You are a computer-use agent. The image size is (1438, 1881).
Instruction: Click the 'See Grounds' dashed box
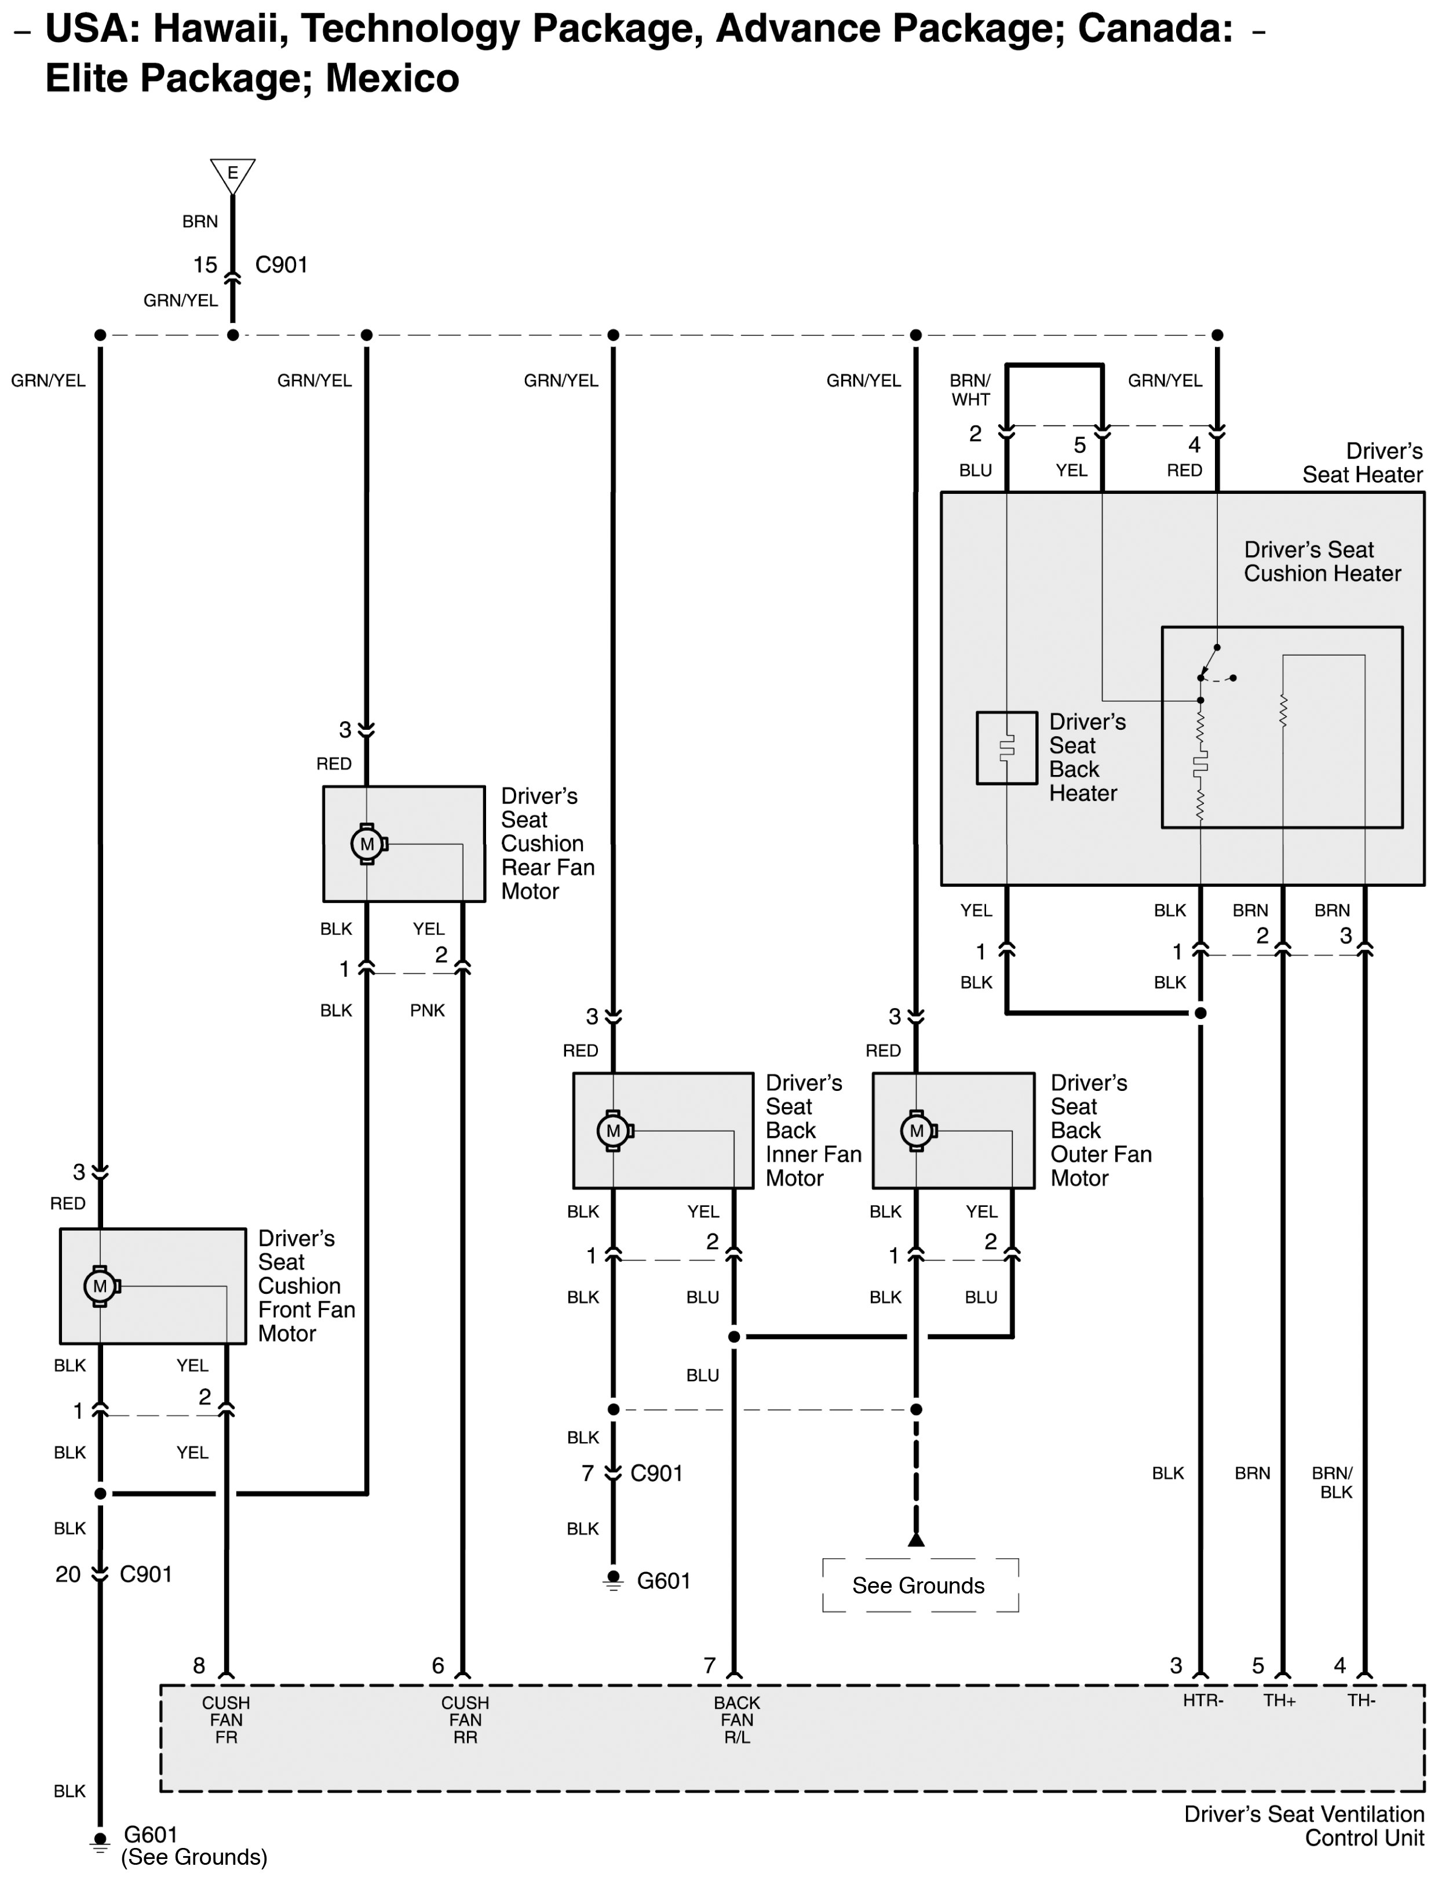pyautogui.click(x=920, y=1585)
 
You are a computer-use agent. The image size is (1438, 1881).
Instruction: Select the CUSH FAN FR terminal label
pyautogui.click(x=226, y=1720)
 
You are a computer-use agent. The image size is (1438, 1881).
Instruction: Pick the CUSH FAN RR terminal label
pyautogui.click(x=465, y=1720)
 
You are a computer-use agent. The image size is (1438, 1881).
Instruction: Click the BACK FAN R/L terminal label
pyautogui.click(x=736, y=1720)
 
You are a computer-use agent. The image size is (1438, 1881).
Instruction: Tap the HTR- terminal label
pyautogui.click(x=1203, y=1700)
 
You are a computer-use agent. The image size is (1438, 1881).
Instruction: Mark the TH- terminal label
pyautogui.click(x=1361, y=1700)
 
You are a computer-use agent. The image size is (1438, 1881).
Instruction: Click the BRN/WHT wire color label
pyautogui.click(x=970, y=390)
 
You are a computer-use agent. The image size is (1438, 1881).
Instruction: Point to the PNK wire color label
pyautogui.click(x=427, y=1010)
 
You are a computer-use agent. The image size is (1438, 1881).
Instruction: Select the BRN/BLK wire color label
pyautogui.click(x=1333, y=1482)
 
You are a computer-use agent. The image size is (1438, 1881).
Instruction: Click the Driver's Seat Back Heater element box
pyautogui.click(x=1006, y=747)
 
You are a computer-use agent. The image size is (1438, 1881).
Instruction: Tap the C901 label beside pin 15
pyautogui.click(x=282, y=264)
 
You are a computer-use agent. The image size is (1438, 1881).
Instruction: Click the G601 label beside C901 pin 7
pyautogui.click(x=663, y=1581)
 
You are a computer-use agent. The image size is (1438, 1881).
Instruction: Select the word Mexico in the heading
pyautogui.click(x=392, y=78)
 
